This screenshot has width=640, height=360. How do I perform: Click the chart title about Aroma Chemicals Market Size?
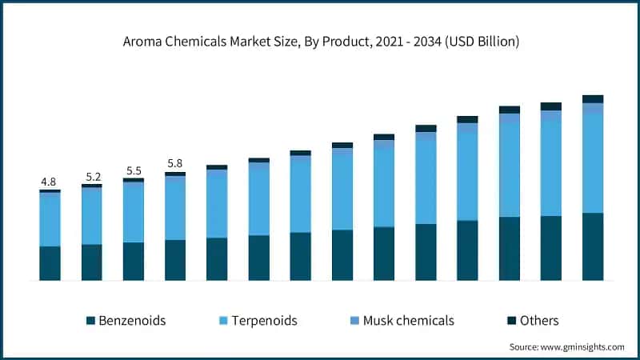click(x=320, y=41)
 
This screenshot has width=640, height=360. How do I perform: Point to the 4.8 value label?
click(x=50, y=181)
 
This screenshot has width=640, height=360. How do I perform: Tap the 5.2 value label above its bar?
click(x=92, y=176)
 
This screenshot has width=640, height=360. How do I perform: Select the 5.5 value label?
click(x=134, y=170)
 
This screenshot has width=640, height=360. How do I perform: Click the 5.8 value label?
click(x=175, y=164)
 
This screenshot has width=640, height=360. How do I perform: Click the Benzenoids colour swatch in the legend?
click(x=90, y=321)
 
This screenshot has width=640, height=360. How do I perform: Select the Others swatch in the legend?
click(x=511, y=321)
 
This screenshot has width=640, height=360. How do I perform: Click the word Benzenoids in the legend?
click(x=132, y=321)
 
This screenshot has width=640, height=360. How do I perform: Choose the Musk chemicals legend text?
click(x=408, y=321)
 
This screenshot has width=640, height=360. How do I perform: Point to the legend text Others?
click(x=538, y=321)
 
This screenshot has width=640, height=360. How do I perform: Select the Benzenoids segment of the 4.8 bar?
click(x=50, y=263)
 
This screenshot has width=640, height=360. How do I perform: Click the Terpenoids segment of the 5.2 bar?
click(x=92, y=217)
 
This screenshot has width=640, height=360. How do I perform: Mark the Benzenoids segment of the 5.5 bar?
click(x=134, y=261)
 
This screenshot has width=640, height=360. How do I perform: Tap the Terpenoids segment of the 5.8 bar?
click(x=175, y=208)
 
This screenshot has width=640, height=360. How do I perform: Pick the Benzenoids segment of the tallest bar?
click(x=593, y=246)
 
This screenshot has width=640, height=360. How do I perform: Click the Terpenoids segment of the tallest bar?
click(x=593, y=163)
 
